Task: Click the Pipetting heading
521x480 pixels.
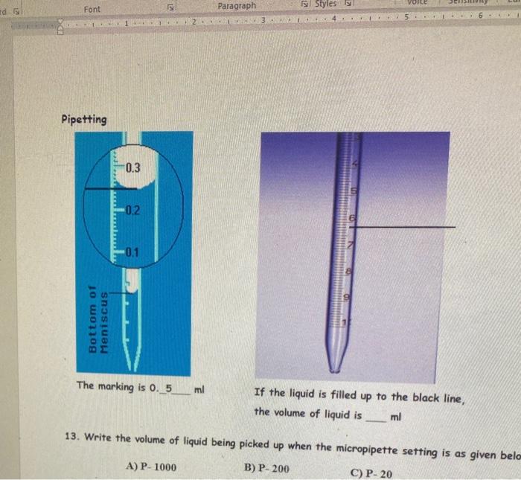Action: tap(83, 120)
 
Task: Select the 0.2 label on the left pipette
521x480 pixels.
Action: tap(132, 211)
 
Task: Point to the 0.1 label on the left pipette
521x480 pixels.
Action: tap(132, 252)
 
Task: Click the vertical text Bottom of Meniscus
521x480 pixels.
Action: tap(98, 319)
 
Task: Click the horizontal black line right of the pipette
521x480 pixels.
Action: tap(409, 226)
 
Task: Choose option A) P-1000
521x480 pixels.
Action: tap(152, 467)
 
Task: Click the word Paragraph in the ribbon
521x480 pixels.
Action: tap(236, 6)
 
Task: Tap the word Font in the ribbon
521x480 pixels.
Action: tap(92, 9)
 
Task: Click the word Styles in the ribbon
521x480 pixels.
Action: tap(325, 5)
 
